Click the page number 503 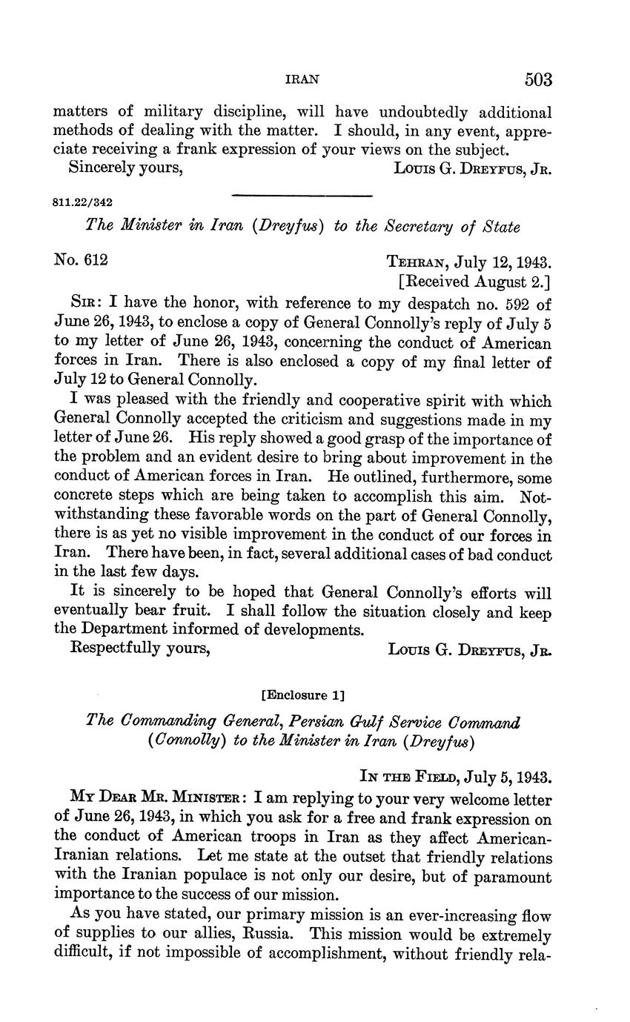coord(539,79)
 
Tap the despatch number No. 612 coord(81,259)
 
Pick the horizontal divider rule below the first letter coord(301,196)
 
